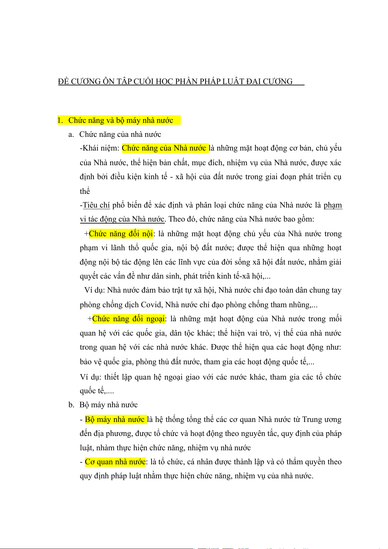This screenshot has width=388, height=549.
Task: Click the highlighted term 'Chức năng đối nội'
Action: coord(121,234)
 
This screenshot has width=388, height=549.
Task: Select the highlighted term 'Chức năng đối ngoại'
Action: coord(129,319)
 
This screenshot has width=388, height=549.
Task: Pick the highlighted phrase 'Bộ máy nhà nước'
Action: coord(115,419)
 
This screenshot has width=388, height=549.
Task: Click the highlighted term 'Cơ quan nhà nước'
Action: coord(115,462)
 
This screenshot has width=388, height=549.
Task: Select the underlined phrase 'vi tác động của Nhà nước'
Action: coord(122,219)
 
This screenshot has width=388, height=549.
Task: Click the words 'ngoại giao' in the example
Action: coord(181,377)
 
